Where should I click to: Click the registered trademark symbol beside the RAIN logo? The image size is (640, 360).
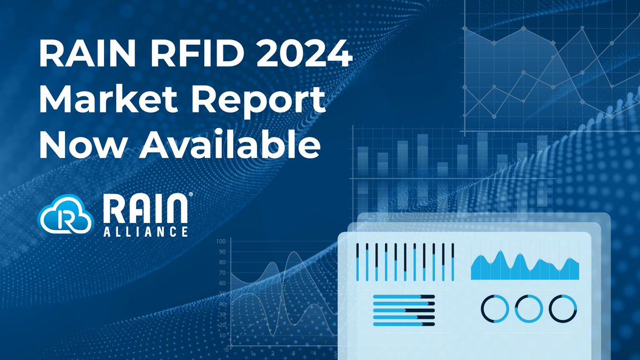click(190, 196)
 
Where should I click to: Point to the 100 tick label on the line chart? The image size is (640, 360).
click(220, 242)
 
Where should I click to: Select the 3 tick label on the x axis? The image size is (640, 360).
click(293, 354)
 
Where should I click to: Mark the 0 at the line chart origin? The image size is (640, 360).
click(227, 349)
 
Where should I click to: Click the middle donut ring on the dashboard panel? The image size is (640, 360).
click(529, 308)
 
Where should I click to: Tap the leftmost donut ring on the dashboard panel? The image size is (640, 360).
click(495, 308)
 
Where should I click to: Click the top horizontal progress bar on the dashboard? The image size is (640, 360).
click(404, 297)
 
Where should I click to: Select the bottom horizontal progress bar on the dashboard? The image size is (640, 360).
click(404, 324)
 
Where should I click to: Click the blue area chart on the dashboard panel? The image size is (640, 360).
click(525, 267)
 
